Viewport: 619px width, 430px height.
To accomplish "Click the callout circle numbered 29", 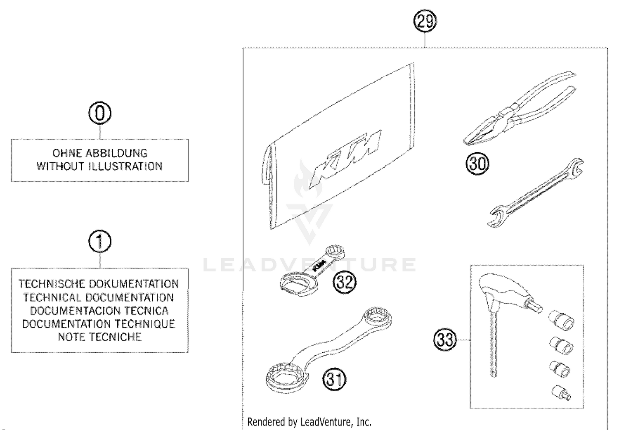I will tap(425, 21).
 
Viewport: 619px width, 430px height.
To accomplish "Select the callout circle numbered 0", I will tap(100, 114).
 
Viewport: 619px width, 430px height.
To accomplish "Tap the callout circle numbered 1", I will tap(100, 242).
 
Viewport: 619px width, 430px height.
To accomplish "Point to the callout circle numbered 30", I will tap(477, 164).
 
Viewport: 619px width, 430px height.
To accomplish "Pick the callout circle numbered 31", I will tap(334, 379).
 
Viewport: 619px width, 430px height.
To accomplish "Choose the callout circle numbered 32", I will tap(345, 283).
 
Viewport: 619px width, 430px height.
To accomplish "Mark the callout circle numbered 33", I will tap(445, 340).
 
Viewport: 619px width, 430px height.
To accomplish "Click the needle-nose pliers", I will tap(520, 109).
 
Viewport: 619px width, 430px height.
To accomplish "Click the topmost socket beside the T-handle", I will tap(562, 320).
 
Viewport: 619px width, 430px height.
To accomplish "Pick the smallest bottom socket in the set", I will tap(562, 392).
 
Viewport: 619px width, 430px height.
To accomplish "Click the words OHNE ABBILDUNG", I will tap(100, 153).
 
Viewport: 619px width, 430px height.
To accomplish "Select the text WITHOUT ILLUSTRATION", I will tap(100, 166).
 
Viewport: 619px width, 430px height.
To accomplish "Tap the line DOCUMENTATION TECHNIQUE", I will tap(99, 324).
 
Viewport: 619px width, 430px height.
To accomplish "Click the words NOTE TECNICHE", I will tap(100, 337).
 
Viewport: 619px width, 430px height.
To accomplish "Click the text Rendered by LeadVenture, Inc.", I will tap(309, 422).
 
